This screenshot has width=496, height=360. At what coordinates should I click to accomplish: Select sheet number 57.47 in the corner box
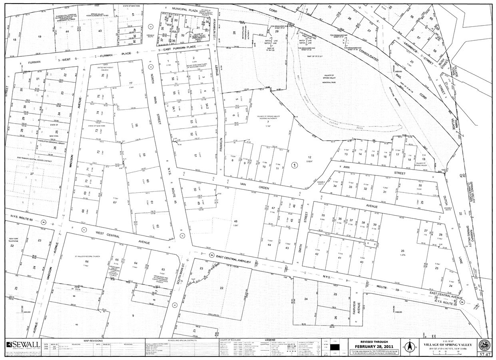coord(484,354)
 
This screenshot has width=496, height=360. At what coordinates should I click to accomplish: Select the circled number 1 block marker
coord(295,165)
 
